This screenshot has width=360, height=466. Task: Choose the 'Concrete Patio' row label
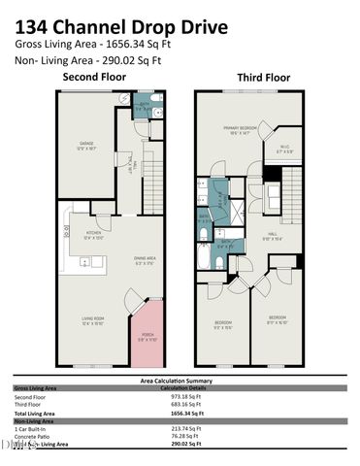click(35, 436)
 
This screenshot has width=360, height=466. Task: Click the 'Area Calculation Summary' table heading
click(180, 381)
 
